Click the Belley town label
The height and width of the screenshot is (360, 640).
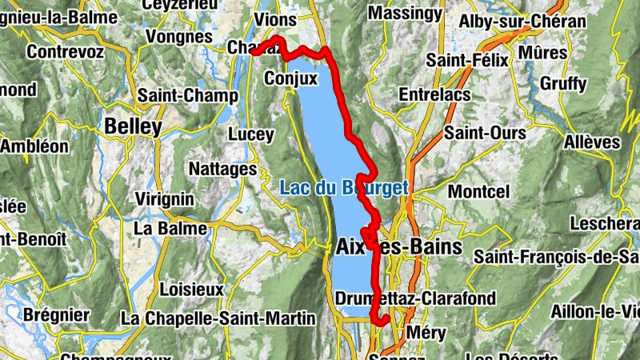133,126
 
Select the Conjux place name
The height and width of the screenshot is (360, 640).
291,79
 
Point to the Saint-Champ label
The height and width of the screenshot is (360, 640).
188,95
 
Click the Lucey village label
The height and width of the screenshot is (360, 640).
251,134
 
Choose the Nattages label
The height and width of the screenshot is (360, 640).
222,169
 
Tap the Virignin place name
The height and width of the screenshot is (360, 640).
166,198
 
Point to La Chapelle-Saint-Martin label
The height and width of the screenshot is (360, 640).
218,318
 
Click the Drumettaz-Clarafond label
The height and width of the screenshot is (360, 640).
416,299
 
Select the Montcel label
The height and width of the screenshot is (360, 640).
478,192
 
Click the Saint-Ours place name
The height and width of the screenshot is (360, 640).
474,132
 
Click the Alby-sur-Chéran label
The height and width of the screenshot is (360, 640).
522,22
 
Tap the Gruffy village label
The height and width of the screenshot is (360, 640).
563,83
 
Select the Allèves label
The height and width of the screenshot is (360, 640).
592,142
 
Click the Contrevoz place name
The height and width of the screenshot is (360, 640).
65,51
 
